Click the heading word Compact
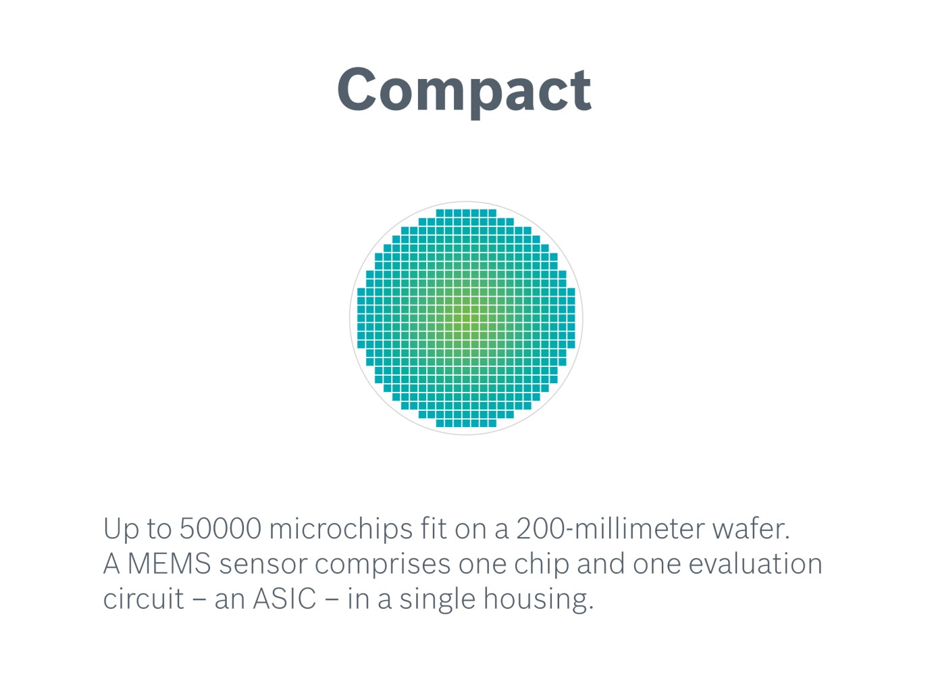tap(464, 90)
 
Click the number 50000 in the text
tap(220, 528)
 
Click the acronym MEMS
tap(170, 564)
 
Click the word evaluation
tap(755, 564)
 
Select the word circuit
tap(143, 599)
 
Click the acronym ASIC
tap(284, 599)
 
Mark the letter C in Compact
tap(359, 90)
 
